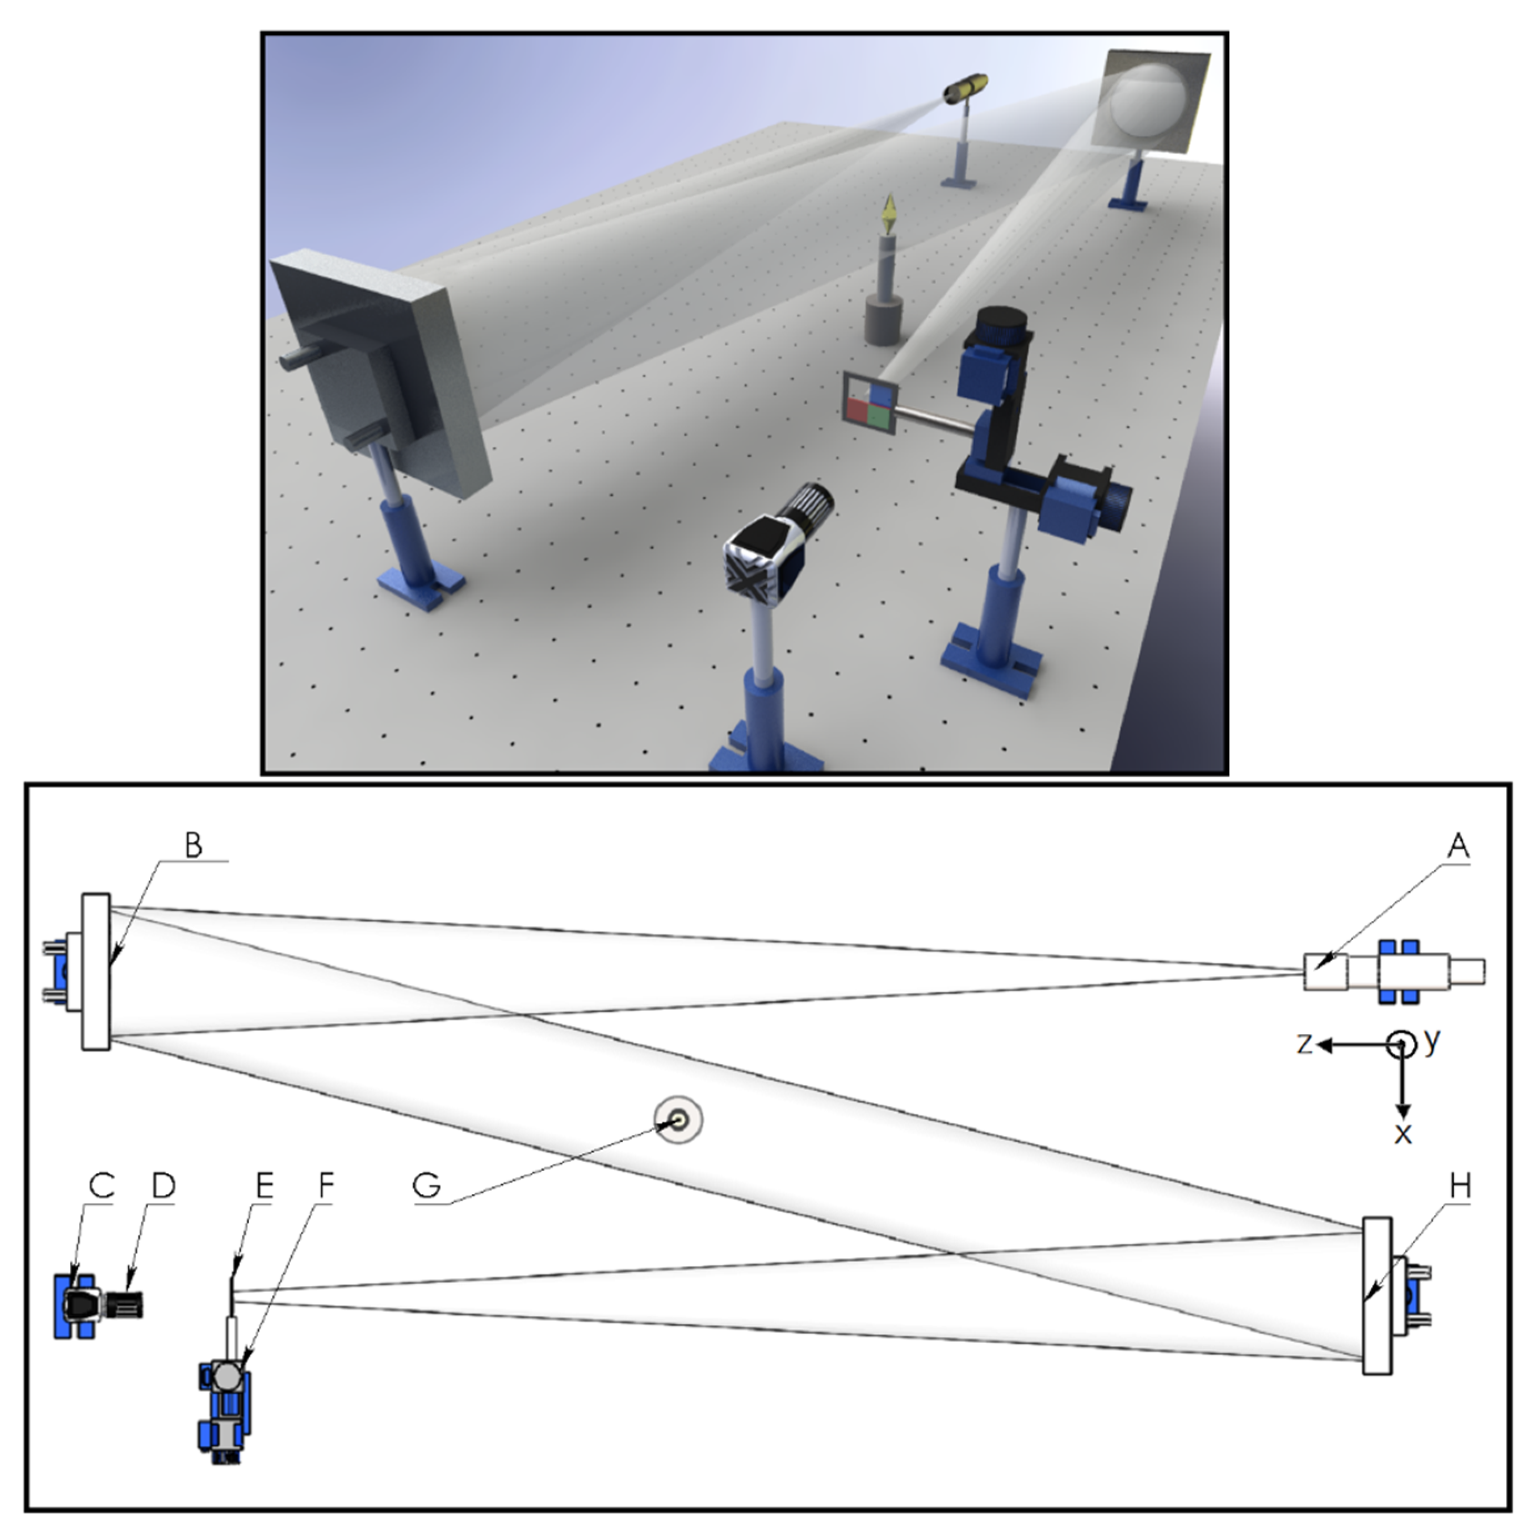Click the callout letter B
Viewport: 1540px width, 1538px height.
tap(194, 845)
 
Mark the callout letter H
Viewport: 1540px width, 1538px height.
tap(1458, 1187)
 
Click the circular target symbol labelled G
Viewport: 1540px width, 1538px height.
tap(678, 1120)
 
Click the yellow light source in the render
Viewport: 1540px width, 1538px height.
tap(966, 88)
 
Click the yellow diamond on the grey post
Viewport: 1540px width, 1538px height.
tap(887, 215)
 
